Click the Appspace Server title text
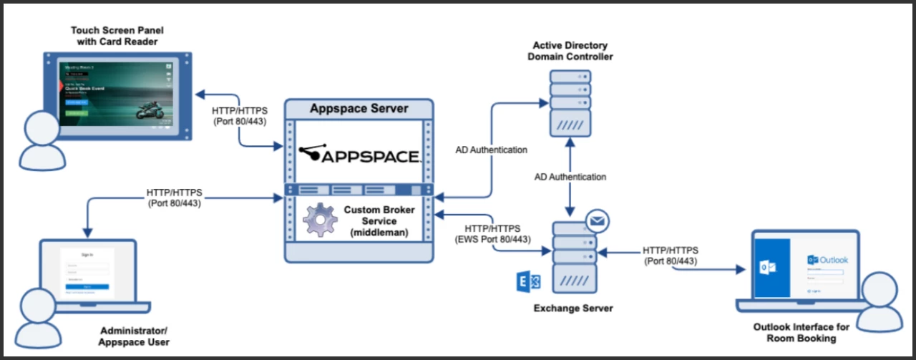(359, 109)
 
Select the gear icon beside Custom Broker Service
(320, 220)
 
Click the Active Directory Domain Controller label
(570, 51)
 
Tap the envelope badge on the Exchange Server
(597, 221)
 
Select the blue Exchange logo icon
(529, 283)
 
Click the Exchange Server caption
(573, 308)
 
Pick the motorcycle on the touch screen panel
(152, 109)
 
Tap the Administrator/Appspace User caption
(134, 336)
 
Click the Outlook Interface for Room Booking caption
(801, 333)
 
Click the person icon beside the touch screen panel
(41, 140)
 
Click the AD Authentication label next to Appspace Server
(491, 150)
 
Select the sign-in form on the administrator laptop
(88, 273)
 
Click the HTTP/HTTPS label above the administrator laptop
(175, 198)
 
